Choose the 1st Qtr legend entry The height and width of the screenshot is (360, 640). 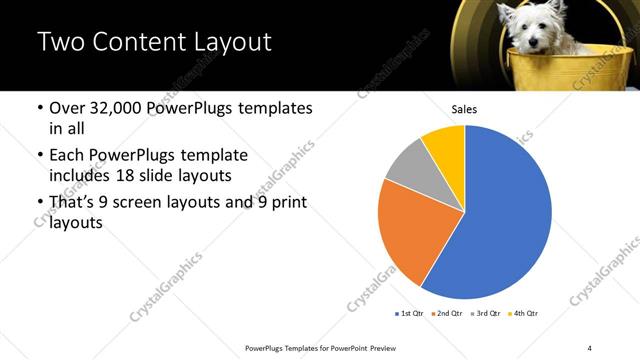coord(411,313)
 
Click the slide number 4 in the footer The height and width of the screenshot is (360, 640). coord(590,347)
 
